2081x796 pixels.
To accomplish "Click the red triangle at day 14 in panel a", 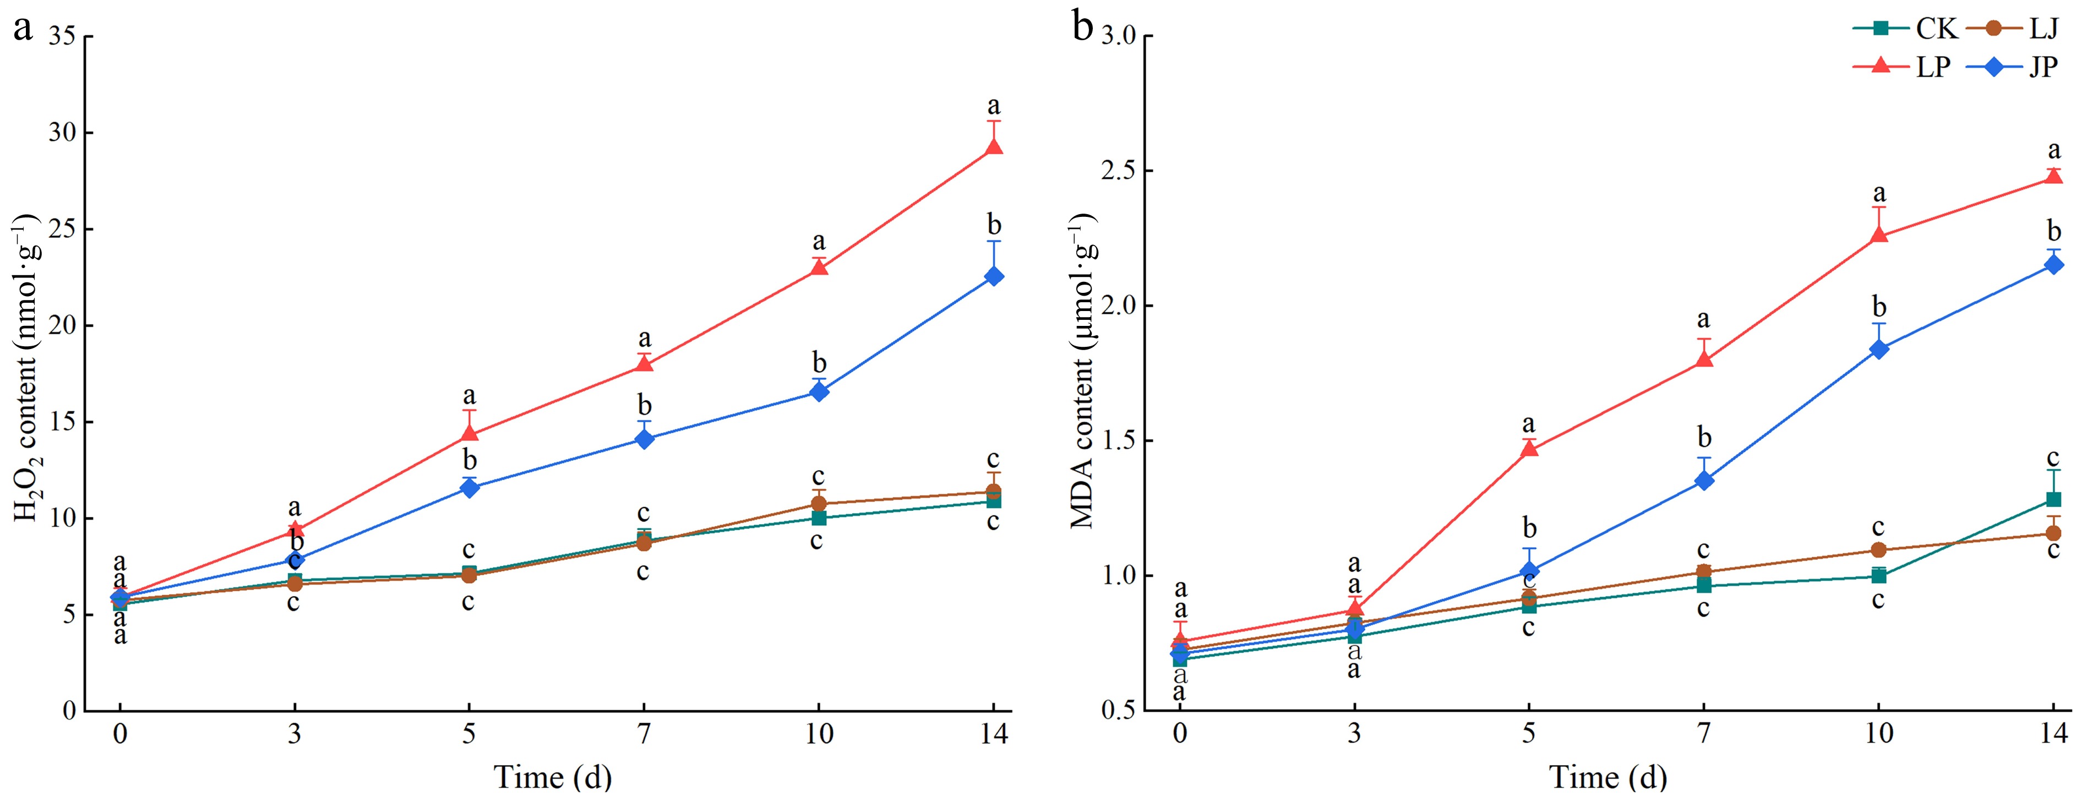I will click(x=994, y=147).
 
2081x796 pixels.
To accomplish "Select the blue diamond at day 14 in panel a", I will click(x=994, y=276).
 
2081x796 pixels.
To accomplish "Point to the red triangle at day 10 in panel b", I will click(x=1879, y=235).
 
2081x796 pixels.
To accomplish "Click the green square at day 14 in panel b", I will click(x=2053, y=499).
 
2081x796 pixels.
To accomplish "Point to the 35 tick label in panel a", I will click(x=62, y=36).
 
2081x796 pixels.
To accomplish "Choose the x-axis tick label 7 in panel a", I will click(x=644, y=734).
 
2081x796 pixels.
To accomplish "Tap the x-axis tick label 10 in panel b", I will click(x=1879, y=734).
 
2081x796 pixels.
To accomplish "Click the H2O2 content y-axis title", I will click(x=28, y=368).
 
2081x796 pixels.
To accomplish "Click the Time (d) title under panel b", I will click(x=1608, y=777).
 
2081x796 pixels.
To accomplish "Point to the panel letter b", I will click(x=1082, y=26).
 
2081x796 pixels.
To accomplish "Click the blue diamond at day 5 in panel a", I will click(x=470, y=487).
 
